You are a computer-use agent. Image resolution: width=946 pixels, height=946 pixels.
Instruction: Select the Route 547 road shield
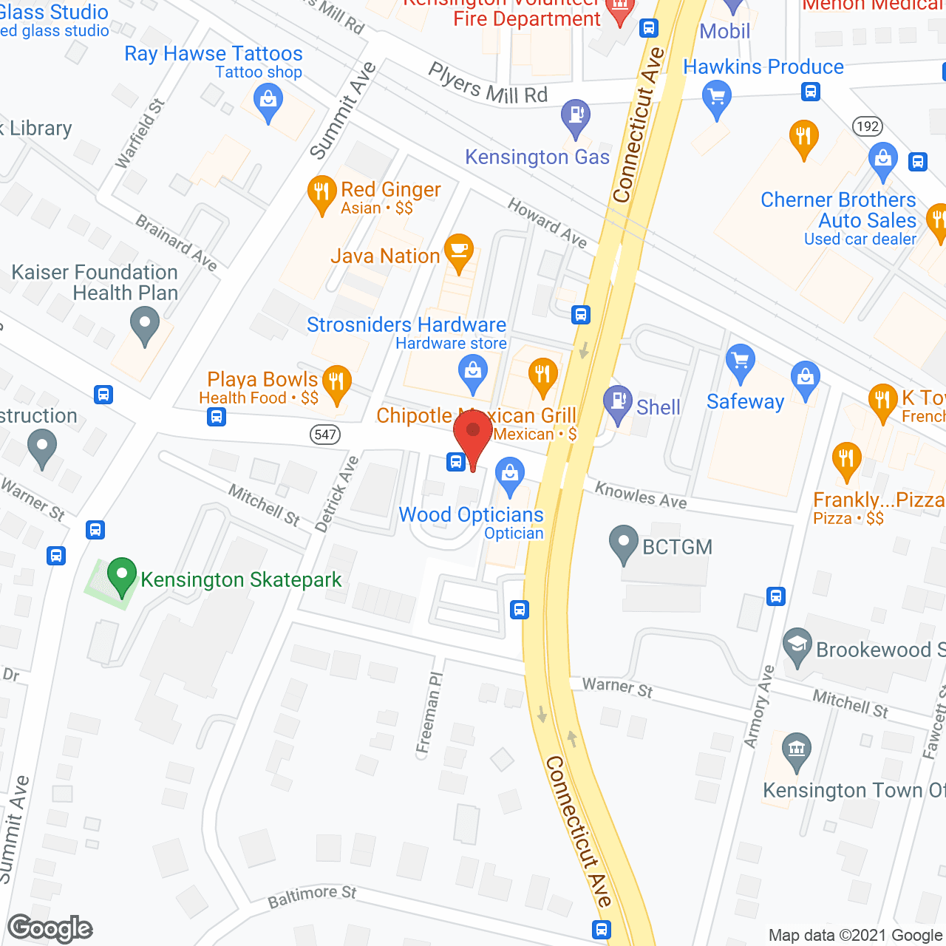[x=325, y=435]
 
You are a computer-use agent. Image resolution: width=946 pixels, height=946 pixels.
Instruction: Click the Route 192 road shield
[x=867, y=126]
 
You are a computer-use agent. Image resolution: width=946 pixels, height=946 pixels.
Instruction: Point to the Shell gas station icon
[x=617, y=403]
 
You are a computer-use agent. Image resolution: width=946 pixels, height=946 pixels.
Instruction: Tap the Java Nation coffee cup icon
[x=459, y=252]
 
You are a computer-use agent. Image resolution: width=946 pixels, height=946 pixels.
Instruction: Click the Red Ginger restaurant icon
[x=321, y=194]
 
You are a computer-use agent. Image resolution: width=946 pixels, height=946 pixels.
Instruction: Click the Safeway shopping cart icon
[x=740, y=363]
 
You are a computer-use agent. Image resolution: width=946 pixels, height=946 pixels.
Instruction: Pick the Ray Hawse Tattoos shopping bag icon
[x=268, y=101]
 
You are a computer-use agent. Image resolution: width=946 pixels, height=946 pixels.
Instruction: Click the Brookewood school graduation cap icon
[x=797, y=646]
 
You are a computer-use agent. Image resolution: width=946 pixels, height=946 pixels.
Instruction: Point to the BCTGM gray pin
[x=624, y=543]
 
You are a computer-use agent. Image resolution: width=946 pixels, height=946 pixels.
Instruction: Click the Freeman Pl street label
[x=429, y=713]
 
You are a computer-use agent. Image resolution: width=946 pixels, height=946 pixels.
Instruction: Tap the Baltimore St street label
[x=312, y=896]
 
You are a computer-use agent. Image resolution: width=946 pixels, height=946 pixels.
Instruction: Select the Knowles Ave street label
[x=641, y=495]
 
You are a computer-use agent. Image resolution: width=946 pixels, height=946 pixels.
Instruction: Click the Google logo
[x=50, y=928]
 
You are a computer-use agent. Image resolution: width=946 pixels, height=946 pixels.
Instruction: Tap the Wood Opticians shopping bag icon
[x=509, y=474]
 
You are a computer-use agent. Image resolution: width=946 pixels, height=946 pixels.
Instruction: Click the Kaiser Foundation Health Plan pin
[x=145, y=324]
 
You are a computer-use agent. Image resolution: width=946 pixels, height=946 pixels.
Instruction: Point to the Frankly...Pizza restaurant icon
[x=846, y=460]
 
